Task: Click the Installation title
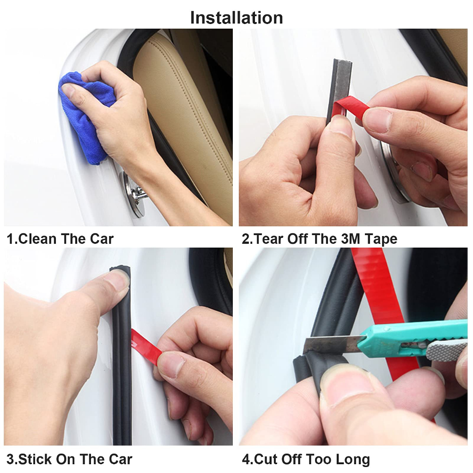[x=236, y=18]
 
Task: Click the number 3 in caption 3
[x=10, y=460]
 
